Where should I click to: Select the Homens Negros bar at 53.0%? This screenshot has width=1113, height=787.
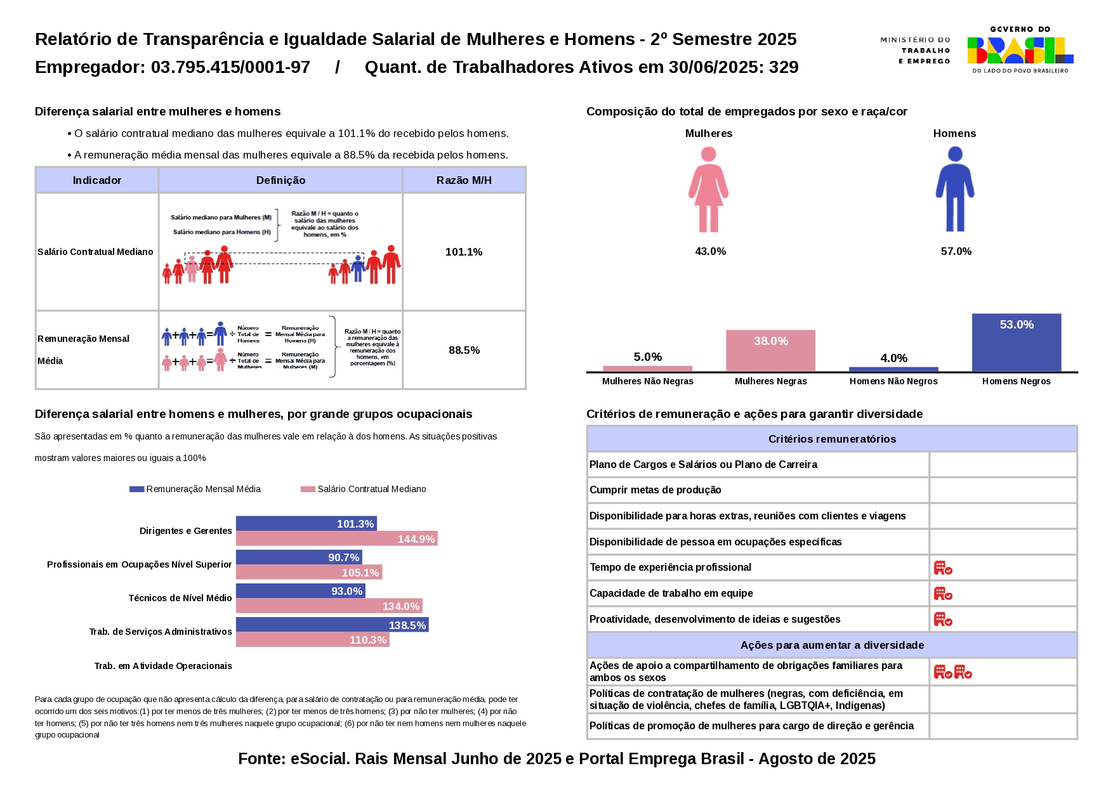click(x=1016, y=342)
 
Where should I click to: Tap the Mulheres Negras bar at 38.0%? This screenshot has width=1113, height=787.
click(x=770, y=350)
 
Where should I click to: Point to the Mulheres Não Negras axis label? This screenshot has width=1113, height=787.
click(x=647, y=381)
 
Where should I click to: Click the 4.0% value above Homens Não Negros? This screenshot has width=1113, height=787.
click(x=893, y=358)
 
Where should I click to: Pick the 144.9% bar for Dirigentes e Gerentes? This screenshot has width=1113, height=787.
click(x=336, y=539)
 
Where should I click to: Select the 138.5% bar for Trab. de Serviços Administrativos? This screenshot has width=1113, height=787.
click(x=332, y=625)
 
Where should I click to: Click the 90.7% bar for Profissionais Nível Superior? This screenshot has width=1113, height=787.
click(x=299, y=557)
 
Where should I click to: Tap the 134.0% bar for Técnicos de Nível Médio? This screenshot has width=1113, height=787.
click(x=329, y=606)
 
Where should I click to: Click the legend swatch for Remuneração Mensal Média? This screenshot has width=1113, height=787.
click(x=136, y=489)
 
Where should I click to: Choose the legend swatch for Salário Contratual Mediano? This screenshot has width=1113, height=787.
click(x=308, y=489)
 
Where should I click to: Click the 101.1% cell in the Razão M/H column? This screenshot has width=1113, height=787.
click(x=464, y=252)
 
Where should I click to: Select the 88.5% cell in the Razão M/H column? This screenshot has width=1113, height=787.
click(x=464, y=350)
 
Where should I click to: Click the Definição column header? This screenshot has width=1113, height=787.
click(x=280, y=180)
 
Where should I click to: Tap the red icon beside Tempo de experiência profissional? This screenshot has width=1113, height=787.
click(x=943, y=568)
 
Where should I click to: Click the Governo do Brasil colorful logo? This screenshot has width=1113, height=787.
click(x=1020, y=50)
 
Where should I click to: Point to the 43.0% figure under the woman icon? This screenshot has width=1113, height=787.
click(x=710, y=251)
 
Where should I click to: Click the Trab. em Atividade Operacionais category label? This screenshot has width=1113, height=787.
click(x=163, y=666)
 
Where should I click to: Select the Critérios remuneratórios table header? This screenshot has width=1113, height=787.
click(x=832, y=439)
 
